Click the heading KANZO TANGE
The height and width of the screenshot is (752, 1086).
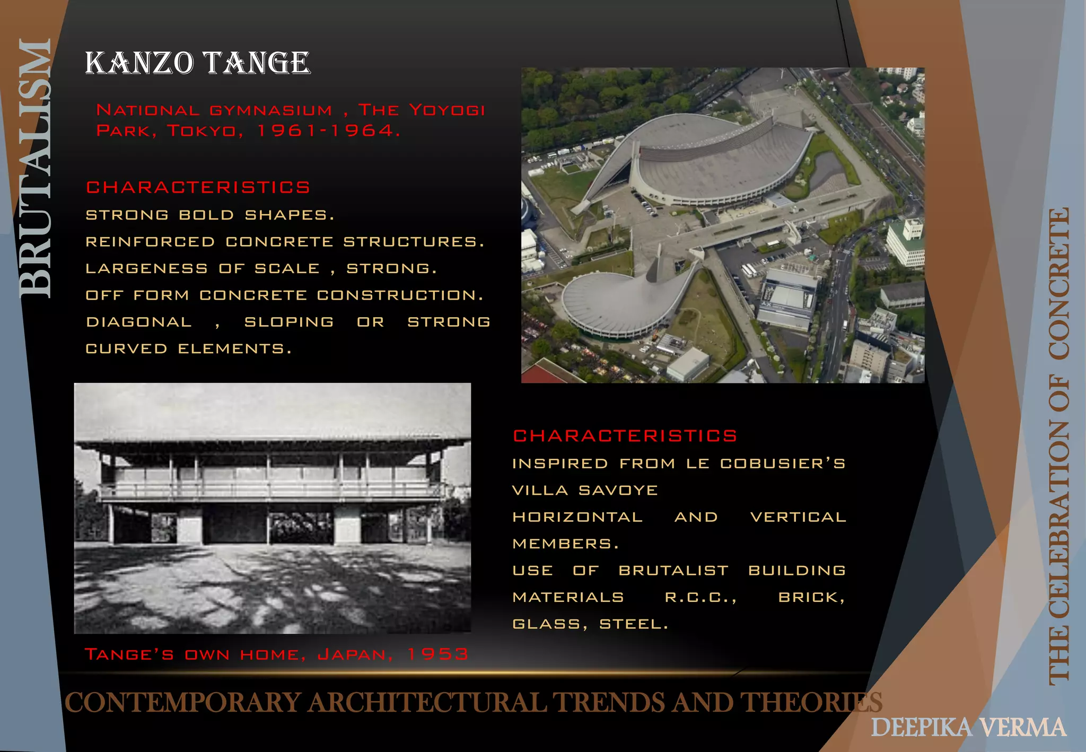[197, 63]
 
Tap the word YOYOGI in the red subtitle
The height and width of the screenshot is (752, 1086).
[447, 110]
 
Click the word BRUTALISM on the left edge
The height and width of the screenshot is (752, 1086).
[35, 169]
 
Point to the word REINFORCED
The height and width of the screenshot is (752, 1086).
[150, 242]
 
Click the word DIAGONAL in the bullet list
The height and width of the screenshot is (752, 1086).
[139, 322]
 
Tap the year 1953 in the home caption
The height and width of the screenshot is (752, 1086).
[438, 654]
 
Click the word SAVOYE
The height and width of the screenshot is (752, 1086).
[618, 490]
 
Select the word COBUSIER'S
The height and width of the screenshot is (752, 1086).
[782, 464]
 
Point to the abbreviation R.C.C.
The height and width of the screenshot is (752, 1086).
[700, 597]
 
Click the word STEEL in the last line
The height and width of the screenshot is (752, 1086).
[633, 624]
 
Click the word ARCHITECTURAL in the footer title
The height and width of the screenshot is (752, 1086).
[427, 703]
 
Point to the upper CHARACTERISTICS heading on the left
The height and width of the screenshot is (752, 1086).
[198, 188]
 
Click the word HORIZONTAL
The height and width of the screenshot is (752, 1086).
[577, 517]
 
